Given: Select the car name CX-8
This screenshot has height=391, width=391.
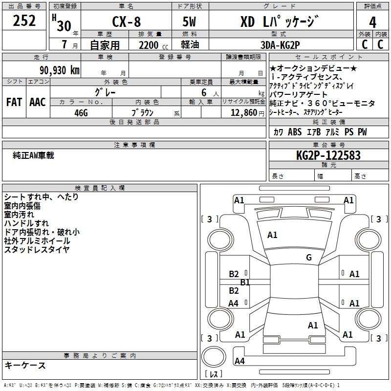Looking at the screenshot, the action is coord(126,22).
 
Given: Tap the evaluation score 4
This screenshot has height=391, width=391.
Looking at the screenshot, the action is coord(373,22).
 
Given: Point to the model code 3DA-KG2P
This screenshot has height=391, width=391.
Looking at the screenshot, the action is coord(280,44).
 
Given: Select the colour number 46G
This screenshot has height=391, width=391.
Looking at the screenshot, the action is coord(81,112).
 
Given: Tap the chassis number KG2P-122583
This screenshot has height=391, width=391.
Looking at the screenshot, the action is coord(328,155).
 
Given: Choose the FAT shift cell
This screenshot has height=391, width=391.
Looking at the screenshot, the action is coord(14,102).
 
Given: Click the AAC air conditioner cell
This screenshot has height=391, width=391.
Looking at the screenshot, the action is coord(37,102).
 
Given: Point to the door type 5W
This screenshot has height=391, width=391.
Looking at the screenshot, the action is coord(190,22).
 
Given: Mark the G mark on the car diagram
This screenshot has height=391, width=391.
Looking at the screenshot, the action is coord(309,258).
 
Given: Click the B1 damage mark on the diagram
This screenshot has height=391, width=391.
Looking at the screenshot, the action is coord(245,282).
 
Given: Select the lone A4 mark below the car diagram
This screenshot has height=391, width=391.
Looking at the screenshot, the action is coord(239,361).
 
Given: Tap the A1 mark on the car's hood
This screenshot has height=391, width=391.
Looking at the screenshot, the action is coord(272,235).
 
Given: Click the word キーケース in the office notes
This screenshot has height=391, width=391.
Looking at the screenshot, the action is coord(25,365).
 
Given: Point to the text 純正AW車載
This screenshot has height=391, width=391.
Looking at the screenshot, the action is coord(33,155).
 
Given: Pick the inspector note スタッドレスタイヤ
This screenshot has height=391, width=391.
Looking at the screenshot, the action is coord(37,250).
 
